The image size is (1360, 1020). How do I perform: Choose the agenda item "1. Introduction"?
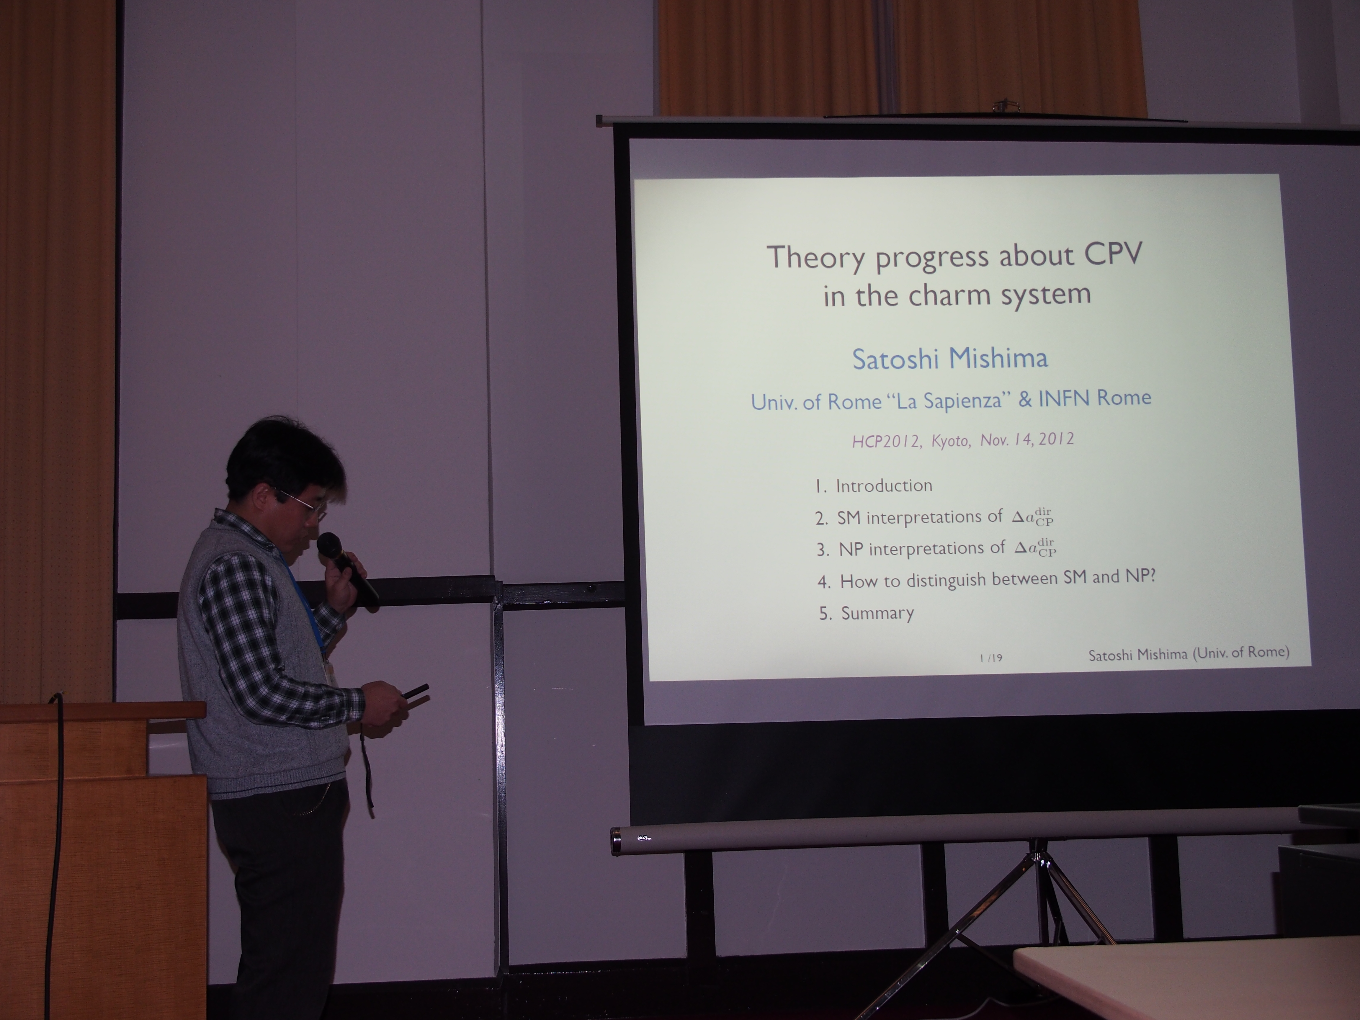pos(874,486)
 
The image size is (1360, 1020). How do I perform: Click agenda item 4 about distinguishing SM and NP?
pos(986,579)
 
